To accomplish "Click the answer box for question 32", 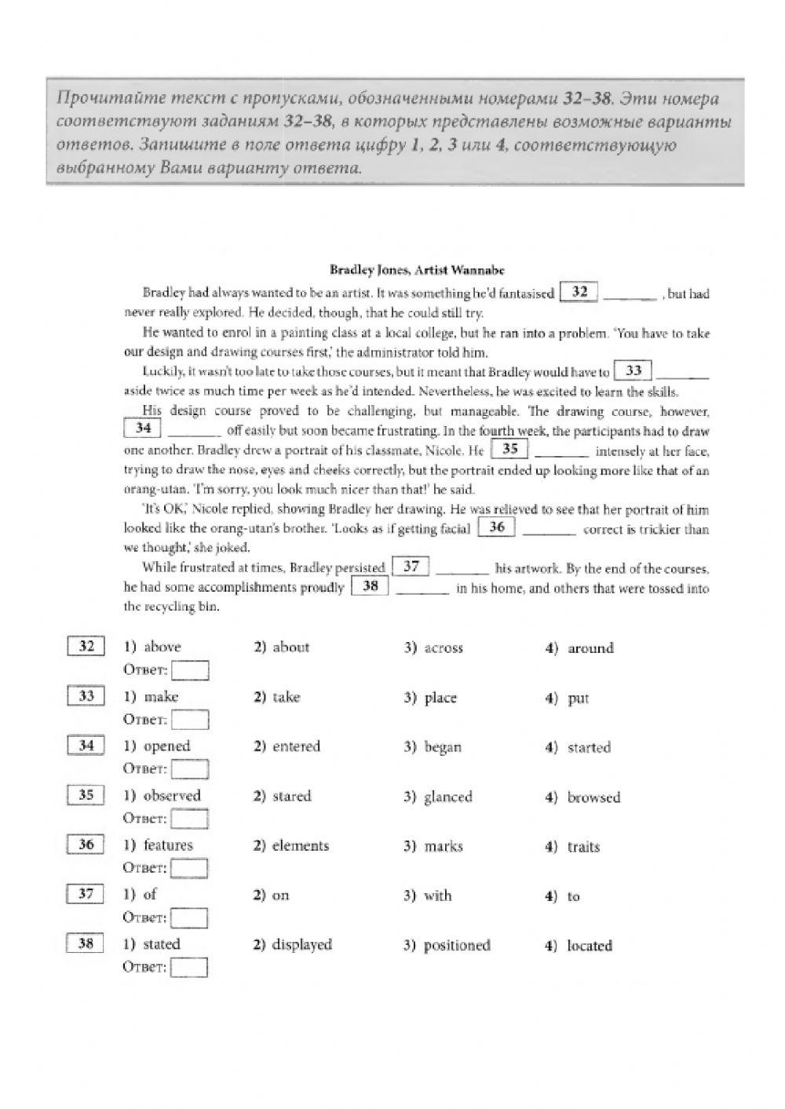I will [x=190, y=671].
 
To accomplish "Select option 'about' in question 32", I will [x=290, y=648].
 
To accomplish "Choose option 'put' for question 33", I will [x=578, y=699].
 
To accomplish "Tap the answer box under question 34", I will [x=190, y=770].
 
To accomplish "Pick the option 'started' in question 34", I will [x=588, y=748].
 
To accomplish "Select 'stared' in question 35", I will [x=291, y=797].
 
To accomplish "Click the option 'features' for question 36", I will [x=167, y=845].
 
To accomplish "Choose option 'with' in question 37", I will [x=437, y=896].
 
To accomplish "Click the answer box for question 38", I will [x=189, y=968].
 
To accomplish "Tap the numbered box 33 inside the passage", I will [x=633, y=370].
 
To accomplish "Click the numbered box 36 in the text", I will [x=496, y=527].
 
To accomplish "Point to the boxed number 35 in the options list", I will [x=86, y=795].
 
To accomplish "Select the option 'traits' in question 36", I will [x=583, y=847].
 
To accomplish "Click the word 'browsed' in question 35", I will [x=593, y=797].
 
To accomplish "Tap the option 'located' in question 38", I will [x=589, y=946].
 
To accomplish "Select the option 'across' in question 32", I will [x=444, y=648].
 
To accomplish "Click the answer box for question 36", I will [x=189, y=869].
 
